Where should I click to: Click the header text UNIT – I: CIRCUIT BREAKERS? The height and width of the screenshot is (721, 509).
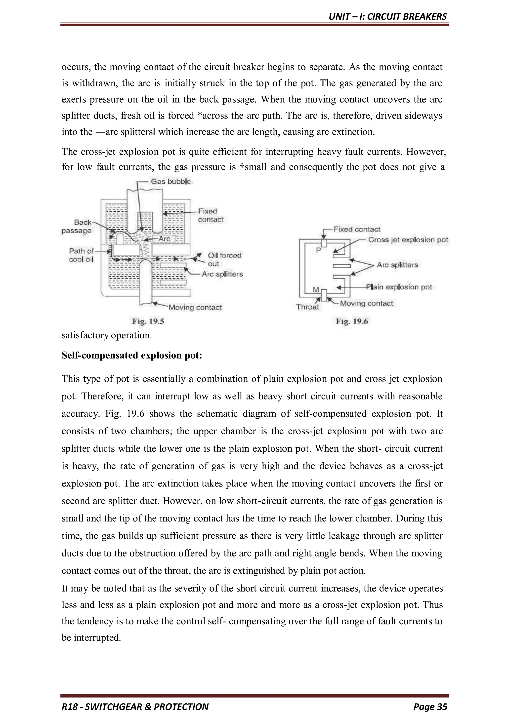coord(387,17)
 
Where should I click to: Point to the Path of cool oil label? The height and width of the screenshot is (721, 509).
coord(81,255)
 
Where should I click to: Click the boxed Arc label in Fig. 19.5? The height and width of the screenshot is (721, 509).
coord(164,239)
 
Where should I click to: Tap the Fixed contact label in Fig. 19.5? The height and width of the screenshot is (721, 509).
coord(210,215)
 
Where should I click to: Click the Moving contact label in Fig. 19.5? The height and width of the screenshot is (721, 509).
coord(195,307)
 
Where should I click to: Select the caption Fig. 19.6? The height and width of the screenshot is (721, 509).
coord(352,321)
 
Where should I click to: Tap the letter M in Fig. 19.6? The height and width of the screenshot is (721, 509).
coord(316,289)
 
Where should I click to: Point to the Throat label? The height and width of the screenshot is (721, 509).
coord(307,307)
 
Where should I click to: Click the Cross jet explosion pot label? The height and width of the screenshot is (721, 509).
coord(408,240)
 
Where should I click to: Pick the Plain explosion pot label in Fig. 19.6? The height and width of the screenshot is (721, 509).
coord(399,287)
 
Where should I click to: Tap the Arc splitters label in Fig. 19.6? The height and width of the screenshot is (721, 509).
coord(397,265)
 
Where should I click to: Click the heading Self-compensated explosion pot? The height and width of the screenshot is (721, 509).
coord(132,356)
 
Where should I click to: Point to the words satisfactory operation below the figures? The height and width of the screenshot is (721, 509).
coord(107,335)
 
